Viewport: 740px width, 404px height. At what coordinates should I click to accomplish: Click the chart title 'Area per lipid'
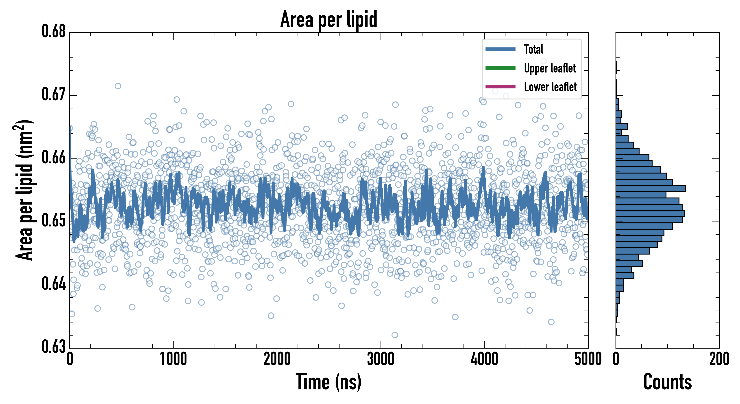click(329, 19)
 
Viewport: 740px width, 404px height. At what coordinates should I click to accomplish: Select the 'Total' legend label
click(533, 49)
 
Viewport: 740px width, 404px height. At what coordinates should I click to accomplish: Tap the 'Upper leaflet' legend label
click(550, 68)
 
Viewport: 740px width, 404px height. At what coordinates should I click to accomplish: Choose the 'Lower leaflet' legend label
click(550, 87)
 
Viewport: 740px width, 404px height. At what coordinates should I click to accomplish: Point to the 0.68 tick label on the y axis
click(54, 31)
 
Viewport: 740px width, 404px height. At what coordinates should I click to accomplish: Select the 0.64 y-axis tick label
click(54, 284)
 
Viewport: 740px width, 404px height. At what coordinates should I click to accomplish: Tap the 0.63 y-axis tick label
click(54, 347)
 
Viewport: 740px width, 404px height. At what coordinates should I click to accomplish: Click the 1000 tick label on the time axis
click(173, 359)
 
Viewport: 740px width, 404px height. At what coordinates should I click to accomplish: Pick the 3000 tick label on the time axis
click(381, 359)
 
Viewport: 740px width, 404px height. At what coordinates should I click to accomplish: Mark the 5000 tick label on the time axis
click(588, 359)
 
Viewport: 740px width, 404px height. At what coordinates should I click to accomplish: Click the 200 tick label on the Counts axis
click(719, 359)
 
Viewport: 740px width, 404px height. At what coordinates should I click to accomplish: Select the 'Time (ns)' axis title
click(329, 382)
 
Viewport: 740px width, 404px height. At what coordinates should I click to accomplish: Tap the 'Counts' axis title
click(667, 382)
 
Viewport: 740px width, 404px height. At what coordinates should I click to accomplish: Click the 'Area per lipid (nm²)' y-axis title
click(24, 190)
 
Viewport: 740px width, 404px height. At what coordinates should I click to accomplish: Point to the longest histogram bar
click(651, 189)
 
